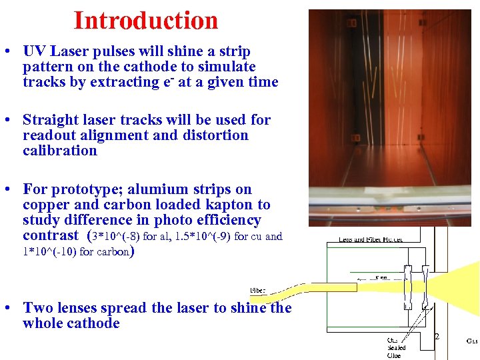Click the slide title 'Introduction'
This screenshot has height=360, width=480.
[x=145, y=21]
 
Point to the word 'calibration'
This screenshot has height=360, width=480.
[x=59, y=151]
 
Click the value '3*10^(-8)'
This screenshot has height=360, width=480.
[x=117, y=236]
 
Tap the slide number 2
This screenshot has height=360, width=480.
[x=437, y=337]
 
